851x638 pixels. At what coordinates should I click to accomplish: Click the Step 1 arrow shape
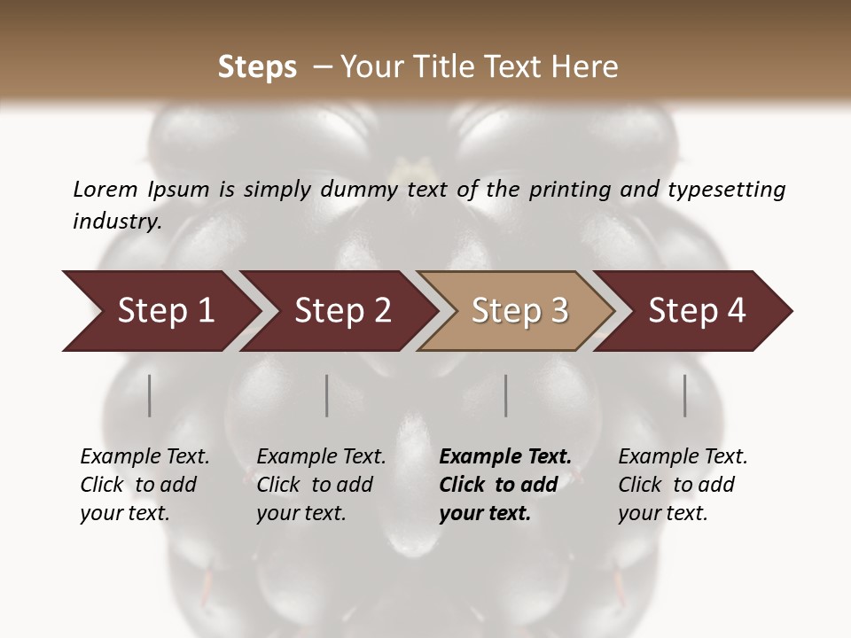point(164,311)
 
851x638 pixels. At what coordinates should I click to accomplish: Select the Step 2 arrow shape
point(341,311)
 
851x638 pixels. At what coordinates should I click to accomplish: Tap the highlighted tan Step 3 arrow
point(519,311)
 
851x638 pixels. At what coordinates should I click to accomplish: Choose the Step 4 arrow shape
point(696,311)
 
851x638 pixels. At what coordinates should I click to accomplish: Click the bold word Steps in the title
point(257,67)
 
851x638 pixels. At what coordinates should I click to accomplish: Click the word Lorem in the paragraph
point(105,189)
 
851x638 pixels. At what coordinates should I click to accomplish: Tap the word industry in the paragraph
point(117,221)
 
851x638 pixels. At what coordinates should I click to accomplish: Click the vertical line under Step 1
point(150,395)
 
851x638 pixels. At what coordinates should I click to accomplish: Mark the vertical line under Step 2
point(327,395)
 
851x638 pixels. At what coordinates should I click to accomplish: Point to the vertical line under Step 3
point(506,395)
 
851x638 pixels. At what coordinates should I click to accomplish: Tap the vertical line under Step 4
point(685,395)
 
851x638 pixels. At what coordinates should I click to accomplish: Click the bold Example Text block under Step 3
point(505,485)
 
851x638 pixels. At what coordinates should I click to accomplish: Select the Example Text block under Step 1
point(144,485)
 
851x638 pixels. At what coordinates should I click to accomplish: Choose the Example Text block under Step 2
point(321,485)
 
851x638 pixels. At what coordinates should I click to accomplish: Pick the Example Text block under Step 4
point(683,485)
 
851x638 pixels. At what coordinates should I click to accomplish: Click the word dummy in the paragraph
point(357,189)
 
